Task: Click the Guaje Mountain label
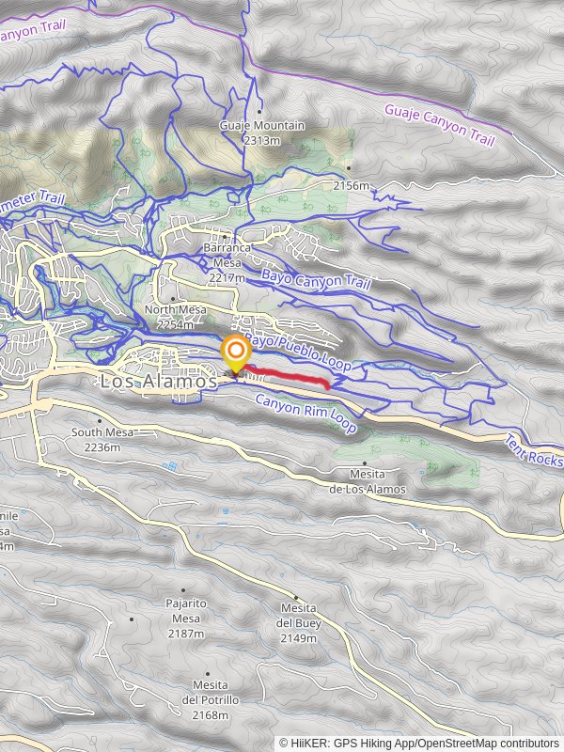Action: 261,126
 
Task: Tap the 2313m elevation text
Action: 261,140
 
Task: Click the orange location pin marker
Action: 234,354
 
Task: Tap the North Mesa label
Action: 172,310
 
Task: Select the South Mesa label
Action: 102,432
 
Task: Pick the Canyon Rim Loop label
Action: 306,413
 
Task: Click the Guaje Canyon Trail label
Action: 439,125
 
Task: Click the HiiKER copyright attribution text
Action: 418,743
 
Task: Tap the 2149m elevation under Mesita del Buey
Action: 297,638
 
